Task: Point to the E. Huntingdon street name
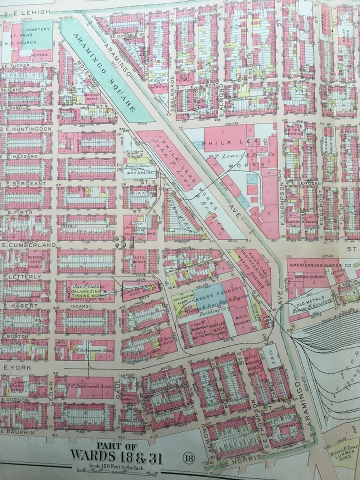[28, 128]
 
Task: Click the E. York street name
[14, 367]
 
